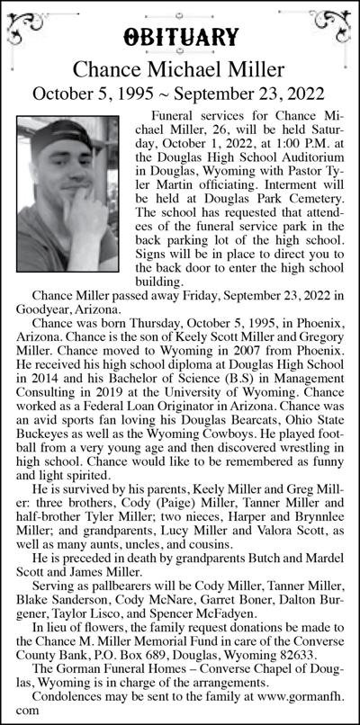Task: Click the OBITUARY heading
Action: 180,36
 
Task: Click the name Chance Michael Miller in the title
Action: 180,67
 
